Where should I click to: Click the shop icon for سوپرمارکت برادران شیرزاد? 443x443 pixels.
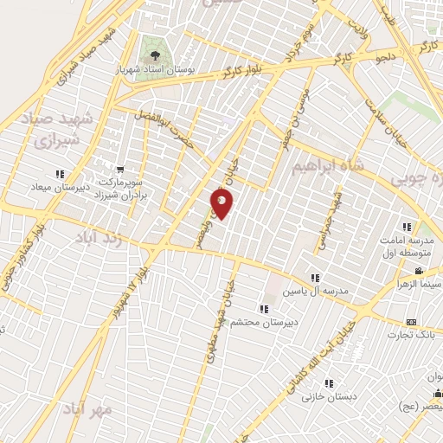point(119,168)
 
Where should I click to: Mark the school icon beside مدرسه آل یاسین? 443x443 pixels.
point(316,278)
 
